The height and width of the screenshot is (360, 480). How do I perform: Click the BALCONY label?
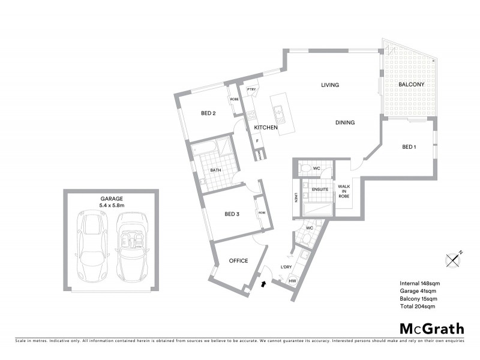411,85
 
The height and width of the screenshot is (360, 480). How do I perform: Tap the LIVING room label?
330,85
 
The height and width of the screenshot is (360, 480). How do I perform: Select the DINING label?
345,122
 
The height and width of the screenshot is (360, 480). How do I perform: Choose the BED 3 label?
232,214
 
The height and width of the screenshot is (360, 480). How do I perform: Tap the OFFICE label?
238,261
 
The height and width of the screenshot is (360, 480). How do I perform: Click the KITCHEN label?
266,128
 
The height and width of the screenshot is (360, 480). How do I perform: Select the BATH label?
215,170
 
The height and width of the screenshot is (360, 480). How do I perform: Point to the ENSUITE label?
319,190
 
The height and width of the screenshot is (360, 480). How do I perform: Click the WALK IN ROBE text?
344,191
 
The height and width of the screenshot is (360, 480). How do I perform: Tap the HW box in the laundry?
293,281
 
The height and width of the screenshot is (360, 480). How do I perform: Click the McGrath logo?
432,328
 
